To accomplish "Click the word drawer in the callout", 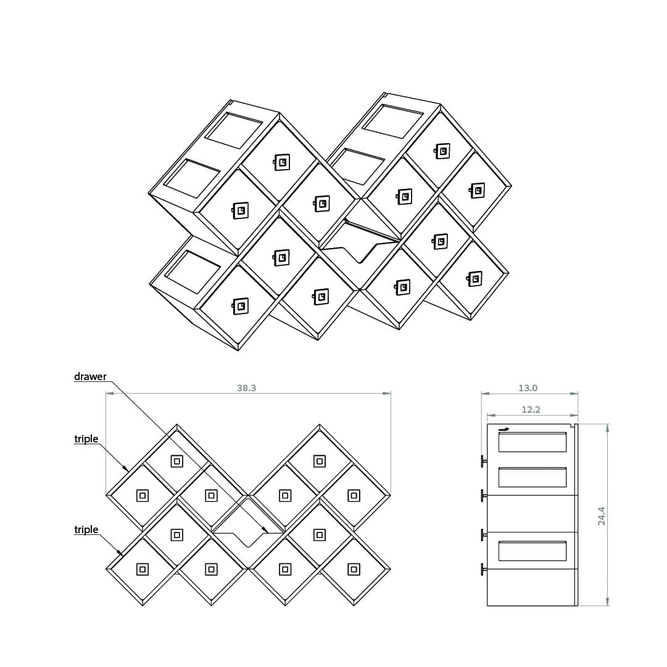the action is (90, 376).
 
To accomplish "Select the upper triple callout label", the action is (86, 439).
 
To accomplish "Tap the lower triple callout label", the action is (86, 529).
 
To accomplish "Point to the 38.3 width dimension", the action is (247, 388).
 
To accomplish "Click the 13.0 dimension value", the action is (528, 388).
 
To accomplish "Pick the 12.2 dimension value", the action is (531, 410).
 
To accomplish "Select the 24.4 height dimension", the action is (602, 516).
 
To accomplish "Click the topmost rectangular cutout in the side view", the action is (532, 442).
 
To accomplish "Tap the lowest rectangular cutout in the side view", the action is (532, 551).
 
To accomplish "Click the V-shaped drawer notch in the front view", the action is (247, 539).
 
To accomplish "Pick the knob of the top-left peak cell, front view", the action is (177, 461).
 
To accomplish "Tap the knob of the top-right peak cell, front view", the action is (320, 461).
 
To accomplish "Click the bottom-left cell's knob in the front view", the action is (143, 569).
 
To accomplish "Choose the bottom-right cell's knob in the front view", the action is (354, 569).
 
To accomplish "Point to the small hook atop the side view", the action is (503, 429).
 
